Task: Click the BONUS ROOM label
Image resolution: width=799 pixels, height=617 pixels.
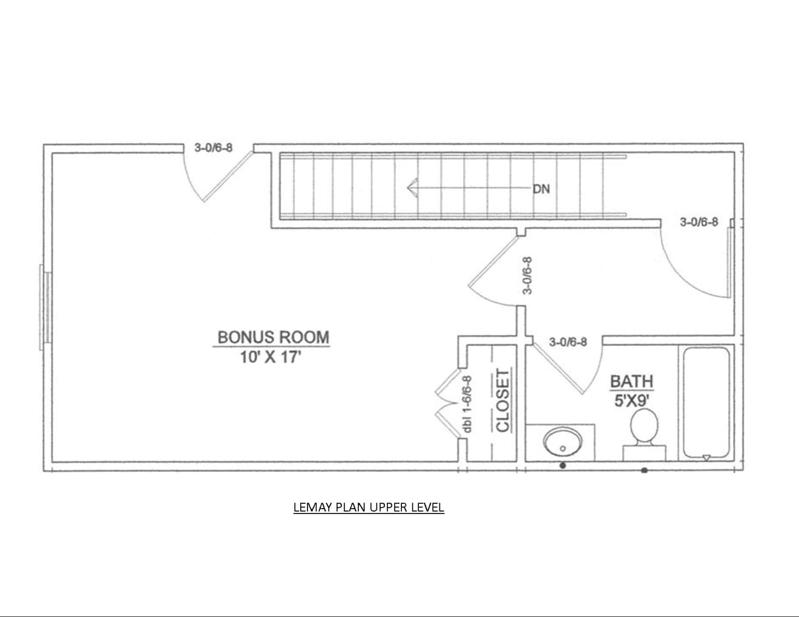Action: [273, 338]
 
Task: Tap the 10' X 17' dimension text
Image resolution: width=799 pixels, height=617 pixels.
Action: [271, 357]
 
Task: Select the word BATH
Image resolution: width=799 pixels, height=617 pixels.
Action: [632, 382]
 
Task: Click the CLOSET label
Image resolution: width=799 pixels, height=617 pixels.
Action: [502, 400]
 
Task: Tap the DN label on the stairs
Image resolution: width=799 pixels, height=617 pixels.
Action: [541, 189]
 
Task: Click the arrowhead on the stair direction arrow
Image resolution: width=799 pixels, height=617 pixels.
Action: [413, 188]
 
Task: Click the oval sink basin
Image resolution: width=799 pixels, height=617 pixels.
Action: [562, 442]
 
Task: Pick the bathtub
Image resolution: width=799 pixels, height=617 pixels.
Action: [706, 403]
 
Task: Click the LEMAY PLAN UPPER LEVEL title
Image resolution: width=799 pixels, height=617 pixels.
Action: [369, 508]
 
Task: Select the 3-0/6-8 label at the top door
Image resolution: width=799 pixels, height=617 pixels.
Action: [213, 148]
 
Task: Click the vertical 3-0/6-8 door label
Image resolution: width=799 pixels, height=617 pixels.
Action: [527, 276]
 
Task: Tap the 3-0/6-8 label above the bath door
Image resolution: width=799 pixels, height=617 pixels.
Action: [568, 342]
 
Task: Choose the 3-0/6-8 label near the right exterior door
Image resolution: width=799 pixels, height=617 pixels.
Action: [699, 222]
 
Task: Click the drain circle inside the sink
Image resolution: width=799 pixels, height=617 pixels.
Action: [562, 448]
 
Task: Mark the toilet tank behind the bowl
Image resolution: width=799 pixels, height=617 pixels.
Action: [644, 452]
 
